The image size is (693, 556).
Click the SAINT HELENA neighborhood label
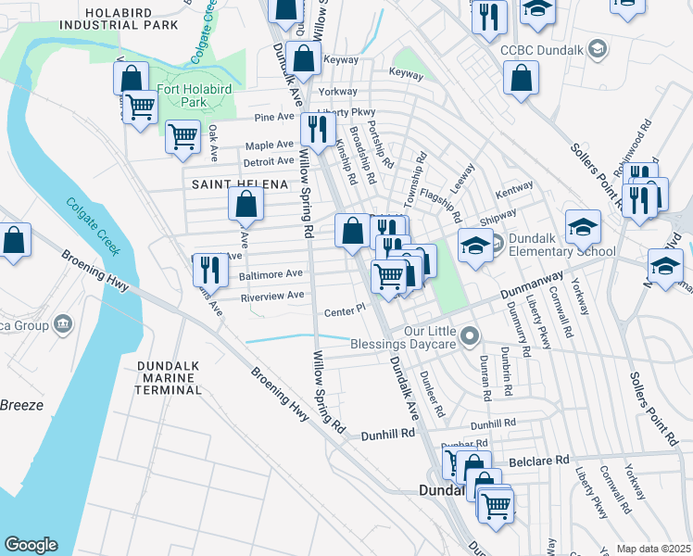(x=239, y=184)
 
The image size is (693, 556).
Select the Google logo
(x=31, y=545)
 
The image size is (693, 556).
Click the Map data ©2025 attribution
(x=651, y=549)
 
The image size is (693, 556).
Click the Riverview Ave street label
(x=271, y=296)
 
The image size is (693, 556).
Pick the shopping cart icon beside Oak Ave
(x=183, y=136)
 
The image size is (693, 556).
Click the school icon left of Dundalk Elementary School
(x=473, y=246)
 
